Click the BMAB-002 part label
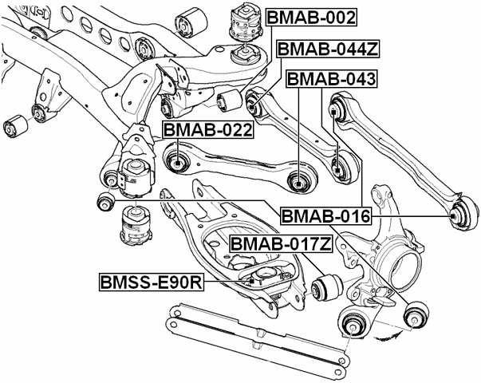pos(311,17)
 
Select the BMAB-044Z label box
pos(328,49)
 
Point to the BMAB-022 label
pos(207,130)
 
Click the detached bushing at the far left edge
pos(14,125)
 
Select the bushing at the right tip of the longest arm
pos(459,212)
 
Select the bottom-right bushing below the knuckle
pos(416,316)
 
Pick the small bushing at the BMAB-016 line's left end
pos(104,202)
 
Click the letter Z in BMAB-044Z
pos(371,49)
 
